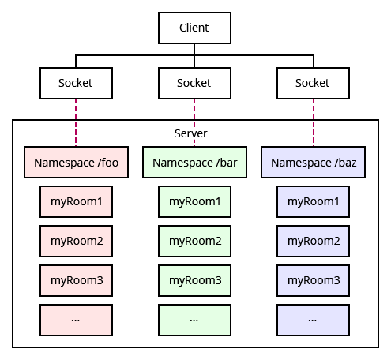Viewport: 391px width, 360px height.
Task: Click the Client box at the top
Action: tap(194, 28)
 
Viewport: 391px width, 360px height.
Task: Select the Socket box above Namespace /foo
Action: tap(76, 83)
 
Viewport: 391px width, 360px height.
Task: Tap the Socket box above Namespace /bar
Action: tap(194, 83)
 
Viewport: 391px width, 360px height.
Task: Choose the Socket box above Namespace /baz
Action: tap(313, 83)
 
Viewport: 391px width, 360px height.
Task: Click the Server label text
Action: tap(190, 133)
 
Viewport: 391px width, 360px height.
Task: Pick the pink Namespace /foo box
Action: tap(76, 163)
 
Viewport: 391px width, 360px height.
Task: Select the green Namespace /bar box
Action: tap(194, 163)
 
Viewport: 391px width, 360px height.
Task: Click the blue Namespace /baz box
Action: tap(314, 163)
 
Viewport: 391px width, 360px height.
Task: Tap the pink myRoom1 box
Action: tap(76, 201)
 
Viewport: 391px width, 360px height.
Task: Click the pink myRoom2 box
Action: tap(76, 241)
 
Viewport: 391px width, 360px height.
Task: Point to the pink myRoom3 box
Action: tap(76, 280)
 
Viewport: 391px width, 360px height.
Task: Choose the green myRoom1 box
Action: tap(194, 201)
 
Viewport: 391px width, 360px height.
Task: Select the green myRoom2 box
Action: tap(194, 241)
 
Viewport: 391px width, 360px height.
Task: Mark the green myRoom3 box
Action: tap(194, 280)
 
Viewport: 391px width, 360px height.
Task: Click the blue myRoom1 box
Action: tap(314, 201)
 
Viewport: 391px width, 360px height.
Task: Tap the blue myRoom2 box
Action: tap(314, 241)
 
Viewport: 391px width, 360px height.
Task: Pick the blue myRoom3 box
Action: tap(314, 280)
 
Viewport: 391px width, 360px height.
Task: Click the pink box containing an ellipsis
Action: tap(76, 320)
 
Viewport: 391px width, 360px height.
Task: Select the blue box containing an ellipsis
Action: tap(314, 320)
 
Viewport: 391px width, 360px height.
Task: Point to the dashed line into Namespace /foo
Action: tap(76, 122)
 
